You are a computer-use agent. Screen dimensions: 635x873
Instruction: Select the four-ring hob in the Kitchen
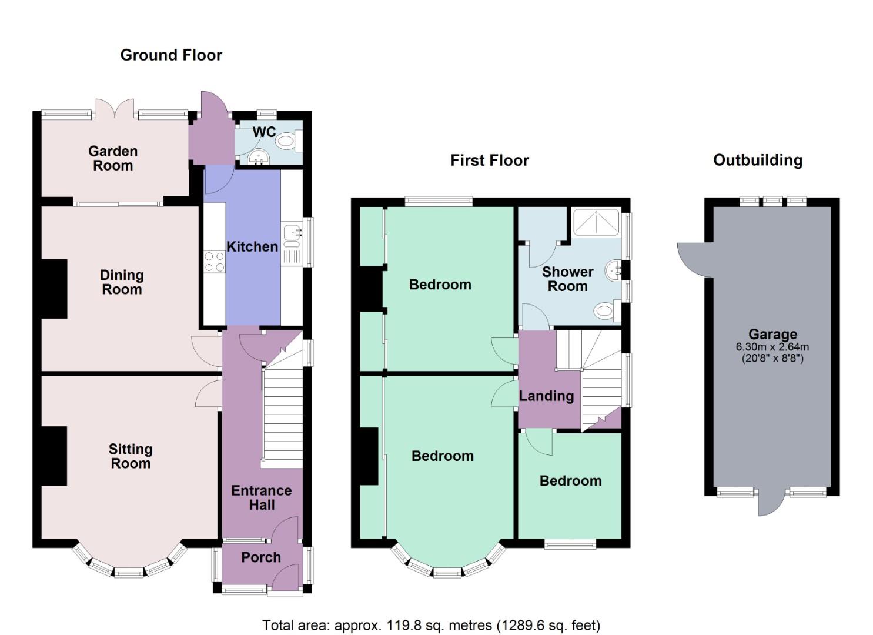click(x=214, y=261)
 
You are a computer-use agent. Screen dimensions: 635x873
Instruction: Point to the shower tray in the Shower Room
click(x=596, y=222)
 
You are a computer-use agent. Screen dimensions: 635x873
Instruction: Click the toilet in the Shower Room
click(x=604, y=310)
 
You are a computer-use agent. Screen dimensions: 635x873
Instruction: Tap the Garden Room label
click(x=113, y=158)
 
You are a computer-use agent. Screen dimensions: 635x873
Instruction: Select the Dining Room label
click(x=122, y=282)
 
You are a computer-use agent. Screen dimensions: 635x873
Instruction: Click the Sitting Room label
click(x=131, y=456)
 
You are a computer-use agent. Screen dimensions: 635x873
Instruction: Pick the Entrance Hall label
click(x=261, y=497)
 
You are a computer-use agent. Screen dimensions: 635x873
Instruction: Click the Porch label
click(x=261, y=557)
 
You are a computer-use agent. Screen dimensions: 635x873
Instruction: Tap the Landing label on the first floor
click(x=546, y=396)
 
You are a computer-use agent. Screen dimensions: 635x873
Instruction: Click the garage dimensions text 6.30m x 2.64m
click(x=772, y=347)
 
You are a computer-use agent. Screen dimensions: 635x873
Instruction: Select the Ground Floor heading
click(x=171, y=55)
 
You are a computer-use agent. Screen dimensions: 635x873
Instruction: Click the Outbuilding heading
click(x=758, y=160)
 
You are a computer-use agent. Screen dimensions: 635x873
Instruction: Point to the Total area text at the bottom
click(x=431, y=625)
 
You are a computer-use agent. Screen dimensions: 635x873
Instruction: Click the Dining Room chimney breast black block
click(x=53, y=289)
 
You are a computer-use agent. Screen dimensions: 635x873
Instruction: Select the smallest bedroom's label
click(x=570, y=481)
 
